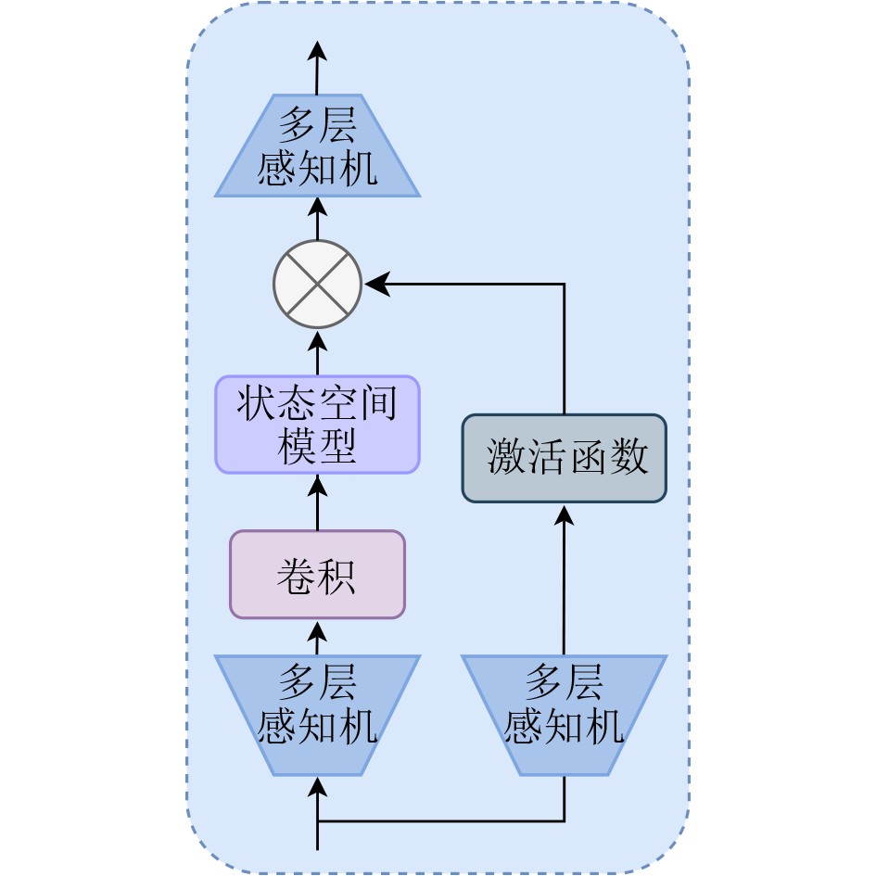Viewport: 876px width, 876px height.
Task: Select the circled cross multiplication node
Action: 317,284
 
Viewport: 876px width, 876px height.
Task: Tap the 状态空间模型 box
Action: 317,425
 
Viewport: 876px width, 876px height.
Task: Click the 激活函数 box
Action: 564,458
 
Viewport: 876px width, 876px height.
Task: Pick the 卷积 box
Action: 317,575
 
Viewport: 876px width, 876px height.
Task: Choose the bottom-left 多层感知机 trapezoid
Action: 317,715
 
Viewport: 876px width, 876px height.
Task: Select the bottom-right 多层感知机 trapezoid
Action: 564,715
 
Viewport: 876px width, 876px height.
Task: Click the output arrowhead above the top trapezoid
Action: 317,52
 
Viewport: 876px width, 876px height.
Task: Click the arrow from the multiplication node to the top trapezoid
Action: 317,219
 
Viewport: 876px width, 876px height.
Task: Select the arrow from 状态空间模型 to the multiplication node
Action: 317,352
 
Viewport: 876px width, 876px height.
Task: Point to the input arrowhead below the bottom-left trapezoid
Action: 317,787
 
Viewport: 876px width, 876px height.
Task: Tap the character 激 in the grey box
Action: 506,459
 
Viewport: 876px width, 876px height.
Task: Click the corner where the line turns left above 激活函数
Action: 564,285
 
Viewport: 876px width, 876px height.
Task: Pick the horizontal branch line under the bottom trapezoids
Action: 440,820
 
